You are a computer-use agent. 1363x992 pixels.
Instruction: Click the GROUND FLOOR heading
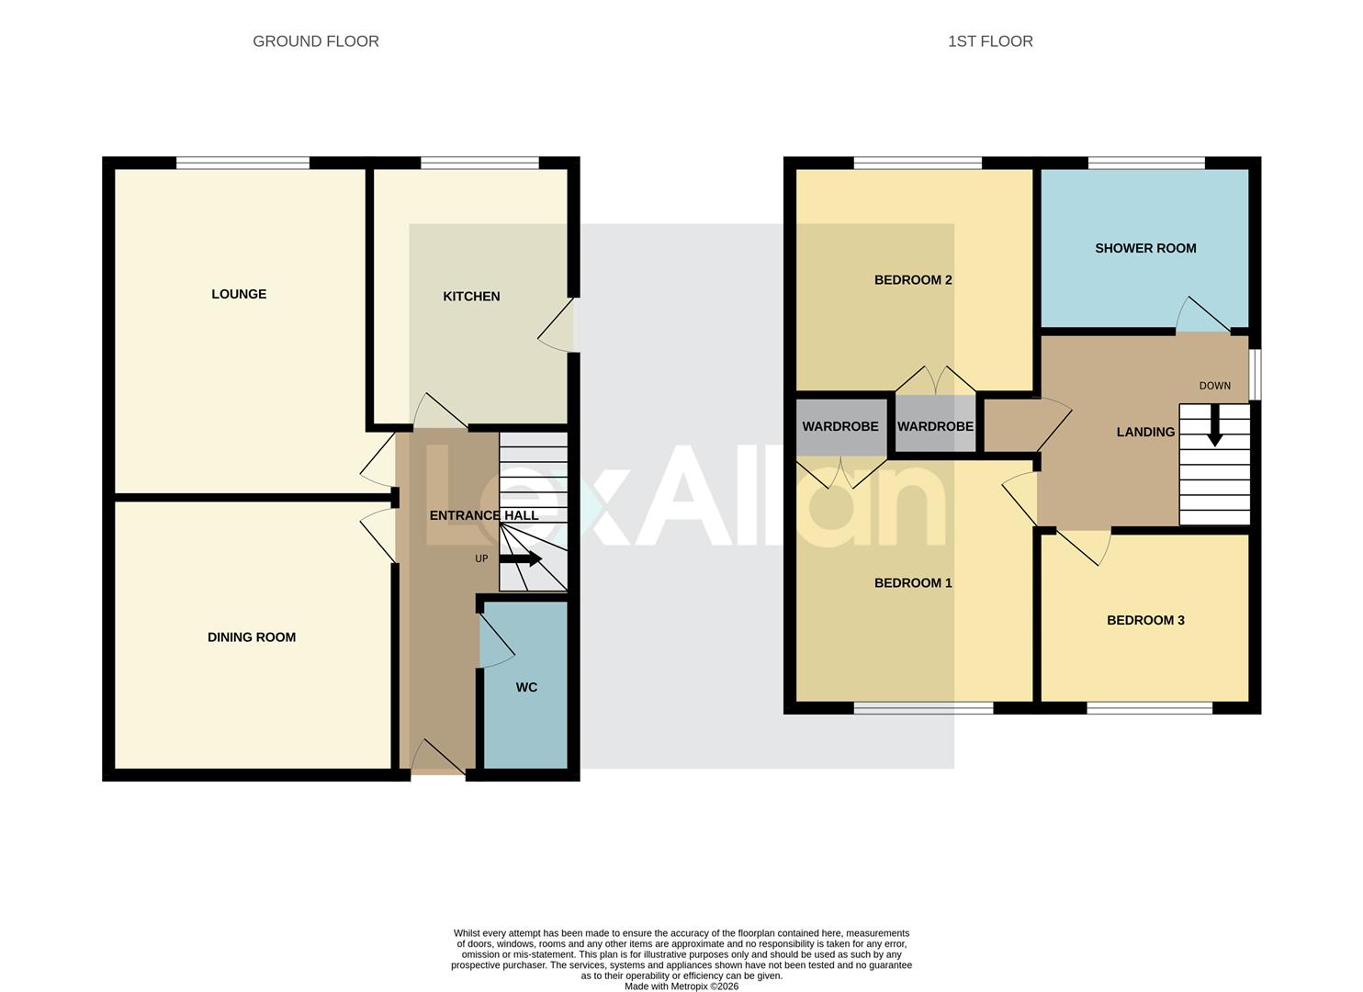coord(315,41)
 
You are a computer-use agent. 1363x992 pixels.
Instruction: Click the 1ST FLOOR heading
coord(990,41)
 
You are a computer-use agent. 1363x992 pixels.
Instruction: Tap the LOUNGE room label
coord(239,294)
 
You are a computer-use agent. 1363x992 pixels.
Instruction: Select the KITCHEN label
coord(471,296)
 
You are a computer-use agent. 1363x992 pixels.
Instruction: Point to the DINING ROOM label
coord(252,637)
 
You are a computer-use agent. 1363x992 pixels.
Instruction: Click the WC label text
coord(526,687)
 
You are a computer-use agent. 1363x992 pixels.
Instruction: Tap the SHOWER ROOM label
coord(1145,248)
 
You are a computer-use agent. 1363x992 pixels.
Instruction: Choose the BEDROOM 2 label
coord(912,280)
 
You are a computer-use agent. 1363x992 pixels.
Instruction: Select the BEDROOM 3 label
coord(1145,620)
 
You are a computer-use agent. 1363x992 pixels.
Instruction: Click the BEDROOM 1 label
coord(912,583)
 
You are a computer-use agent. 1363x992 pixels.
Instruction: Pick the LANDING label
coord(1145,432)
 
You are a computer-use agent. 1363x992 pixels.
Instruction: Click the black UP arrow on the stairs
coord(521,558)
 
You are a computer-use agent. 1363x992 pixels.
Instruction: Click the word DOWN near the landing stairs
coord(1214,386)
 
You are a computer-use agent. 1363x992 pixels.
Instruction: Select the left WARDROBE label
coord(840,426)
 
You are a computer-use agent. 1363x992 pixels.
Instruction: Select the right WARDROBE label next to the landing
coord(935,426)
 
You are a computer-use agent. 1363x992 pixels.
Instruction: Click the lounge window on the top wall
coord(242,163)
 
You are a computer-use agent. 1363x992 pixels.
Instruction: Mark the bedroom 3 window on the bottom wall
coord(1149,708)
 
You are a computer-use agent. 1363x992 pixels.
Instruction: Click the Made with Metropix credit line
coord(681,986)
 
